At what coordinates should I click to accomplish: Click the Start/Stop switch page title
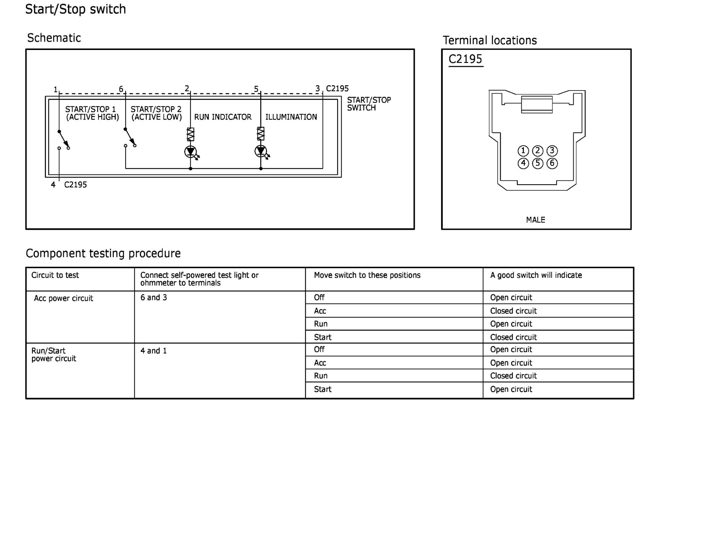[75, 9]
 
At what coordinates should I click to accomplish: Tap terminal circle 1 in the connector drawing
[523, 151]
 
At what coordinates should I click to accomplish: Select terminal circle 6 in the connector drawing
[552, 163]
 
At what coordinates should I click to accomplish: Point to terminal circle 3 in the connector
[552, 151]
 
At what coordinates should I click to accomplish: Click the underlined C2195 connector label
[465, 59]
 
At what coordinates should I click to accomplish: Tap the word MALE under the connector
[535, 220]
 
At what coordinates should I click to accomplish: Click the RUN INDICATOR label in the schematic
[222, 117]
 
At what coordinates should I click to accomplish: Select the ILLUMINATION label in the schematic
[291, 117]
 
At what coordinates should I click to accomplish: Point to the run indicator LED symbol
[190, 152]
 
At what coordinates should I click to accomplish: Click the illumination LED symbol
[260, 151]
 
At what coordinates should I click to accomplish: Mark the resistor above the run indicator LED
[190, 134]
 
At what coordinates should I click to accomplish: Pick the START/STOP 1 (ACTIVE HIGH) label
[92, 113]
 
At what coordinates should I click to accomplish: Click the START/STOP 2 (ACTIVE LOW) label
[156, 113]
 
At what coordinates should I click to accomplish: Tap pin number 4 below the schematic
[53, 185]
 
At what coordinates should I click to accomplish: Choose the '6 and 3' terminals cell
[154, 298]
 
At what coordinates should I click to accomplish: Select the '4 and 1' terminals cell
[154, 351]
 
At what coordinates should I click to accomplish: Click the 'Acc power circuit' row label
[64, 298]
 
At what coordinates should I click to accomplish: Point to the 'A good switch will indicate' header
[536, 275]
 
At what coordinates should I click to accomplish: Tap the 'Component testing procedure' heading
[103, 253]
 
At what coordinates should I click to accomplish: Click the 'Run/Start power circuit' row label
[54, 355]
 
